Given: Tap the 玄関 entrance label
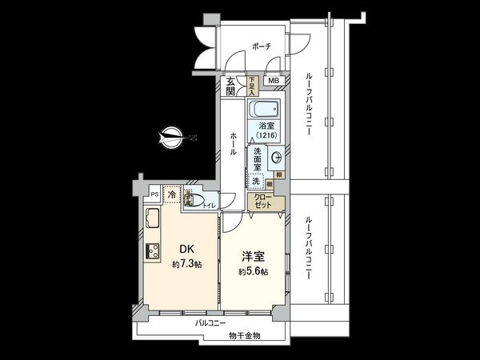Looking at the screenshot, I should tap(231, 86).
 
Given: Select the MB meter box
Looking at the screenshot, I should tap(273, 81).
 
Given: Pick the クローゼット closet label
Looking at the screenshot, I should tap(263, 201).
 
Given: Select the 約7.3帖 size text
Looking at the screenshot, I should tap(186, 265).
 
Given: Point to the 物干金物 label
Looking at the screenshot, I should tap(244, 335).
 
